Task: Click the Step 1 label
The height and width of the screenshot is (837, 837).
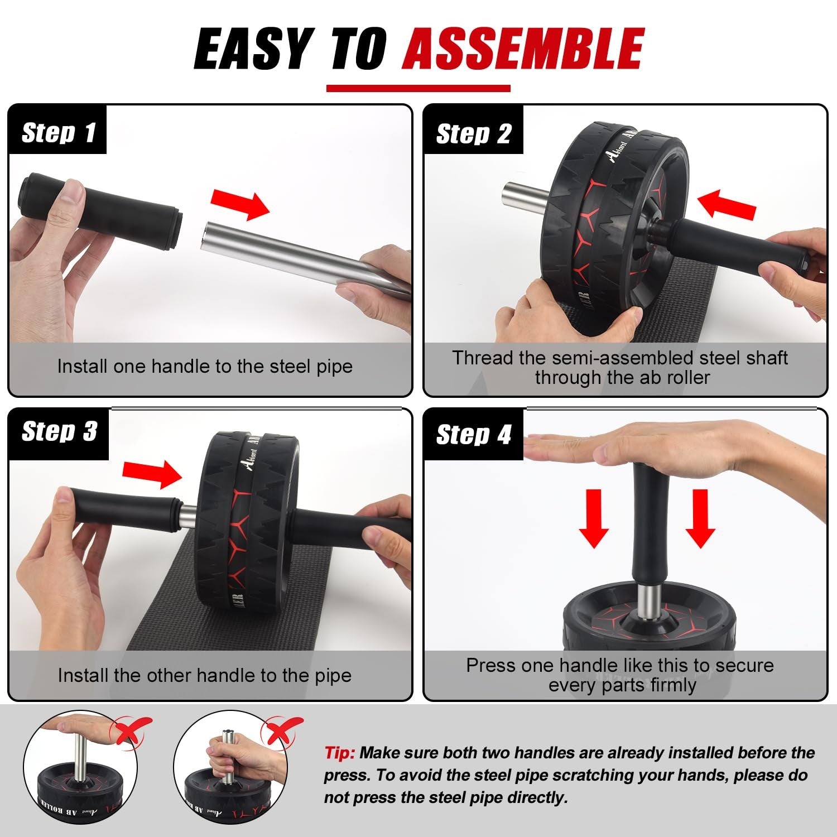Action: pyautogui.click(x=58, y=133)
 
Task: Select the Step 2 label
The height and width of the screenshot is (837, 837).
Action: pyautogui.click(x=473, y=134)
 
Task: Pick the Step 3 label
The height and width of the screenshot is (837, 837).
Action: pyautogui.click(x=59, y=432)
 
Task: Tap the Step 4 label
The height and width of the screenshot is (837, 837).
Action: pyautogui.click(x=473, y=435)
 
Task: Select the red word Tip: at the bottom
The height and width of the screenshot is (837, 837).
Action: pyautogui.click(x=339, y=753)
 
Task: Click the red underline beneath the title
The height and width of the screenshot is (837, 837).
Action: pyautogui.click(x=418, y=88)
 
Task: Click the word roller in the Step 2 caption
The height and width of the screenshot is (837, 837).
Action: pyautogui.click(x=689, y=377)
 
